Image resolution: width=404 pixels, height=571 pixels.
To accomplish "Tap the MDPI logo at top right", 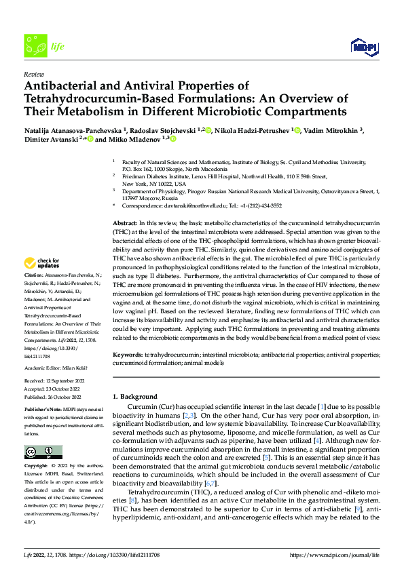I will tap(364, 45).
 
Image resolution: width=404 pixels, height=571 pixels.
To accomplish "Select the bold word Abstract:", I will tap(124, 222).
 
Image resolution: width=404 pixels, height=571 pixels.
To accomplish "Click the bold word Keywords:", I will tap(127, 354).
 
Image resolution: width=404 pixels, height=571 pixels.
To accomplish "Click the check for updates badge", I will tap(41, 264).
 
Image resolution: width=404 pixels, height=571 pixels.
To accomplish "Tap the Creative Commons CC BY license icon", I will tap(43, 452).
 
